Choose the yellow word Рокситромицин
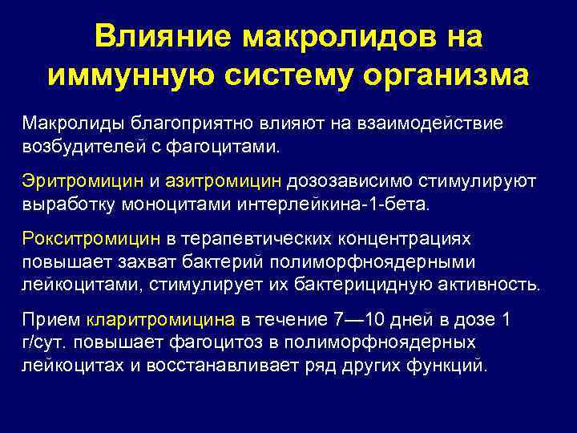click(x=90, y=239)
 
